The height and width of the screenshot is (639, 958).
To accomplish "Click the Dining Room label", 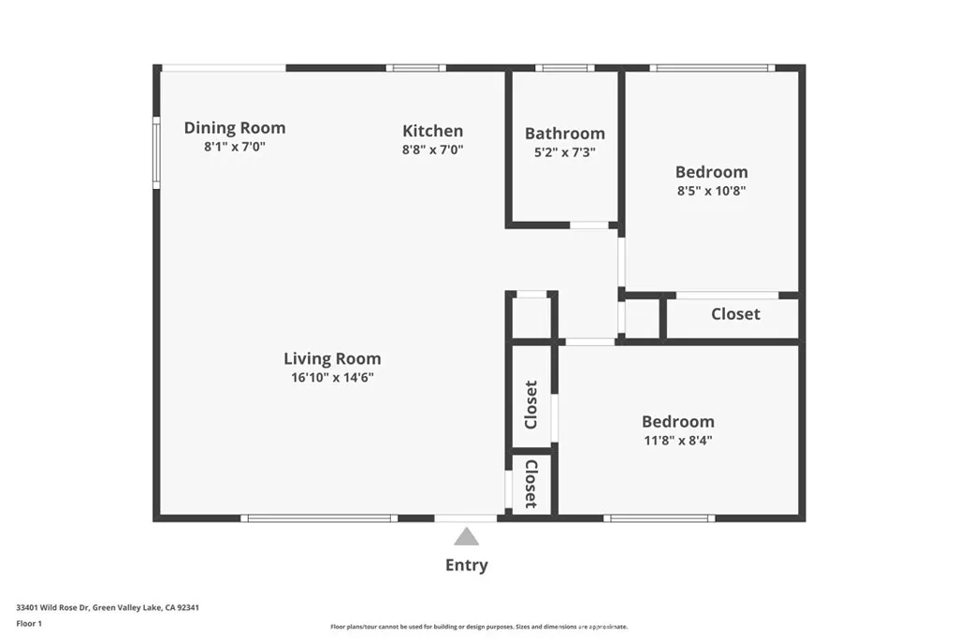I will point(234,128).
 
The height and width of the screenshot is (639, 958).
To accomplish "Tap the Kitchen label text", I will point(432,131).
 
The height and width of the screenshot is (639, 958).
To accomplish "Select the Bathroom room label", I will point(564,134).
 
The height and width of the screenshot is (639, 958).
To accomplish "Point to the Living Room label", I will point(332,358).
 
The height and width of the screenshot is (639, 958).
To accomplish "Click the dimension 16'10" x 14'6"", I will point(332,378).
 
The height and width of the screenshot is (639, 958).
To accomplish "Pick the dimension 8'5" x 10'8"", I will point(711,191).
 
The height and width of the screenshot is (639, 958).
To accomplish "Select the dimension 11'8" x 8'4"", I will point(677,441).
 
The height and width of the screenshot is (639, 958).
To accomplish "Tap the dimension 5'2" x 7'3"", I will point(564,152).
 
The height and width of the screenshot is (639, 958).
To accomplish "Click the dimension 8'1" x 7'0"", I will point(234,148).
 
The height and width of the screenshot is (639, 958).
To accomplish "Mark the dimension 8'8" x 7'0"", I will point(432,150).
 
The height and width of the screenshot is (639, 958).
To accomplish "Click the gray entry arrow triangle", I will point(466,537).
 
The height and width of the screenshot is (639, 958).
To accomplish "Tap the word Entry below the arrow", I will point(466,565).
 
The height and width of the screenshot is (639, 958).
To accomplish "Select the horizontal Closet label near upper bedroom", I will point(735,314).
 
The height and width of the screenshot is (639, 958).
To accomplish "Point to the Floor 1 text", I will point(29,623).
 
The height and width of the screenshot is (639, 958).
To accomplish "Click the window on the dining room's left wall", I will point(157,152).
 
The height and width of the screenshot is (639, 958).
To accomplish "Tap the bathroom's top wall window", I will point(564,67).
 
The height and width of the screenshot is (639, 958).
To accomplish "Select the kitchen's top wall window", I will point(415,67).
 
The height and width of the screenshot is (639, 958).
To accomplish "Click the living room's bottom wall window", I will point(319,518).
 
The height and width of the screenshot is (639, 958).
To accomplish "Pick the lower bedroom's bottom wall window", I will point(660,518).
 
